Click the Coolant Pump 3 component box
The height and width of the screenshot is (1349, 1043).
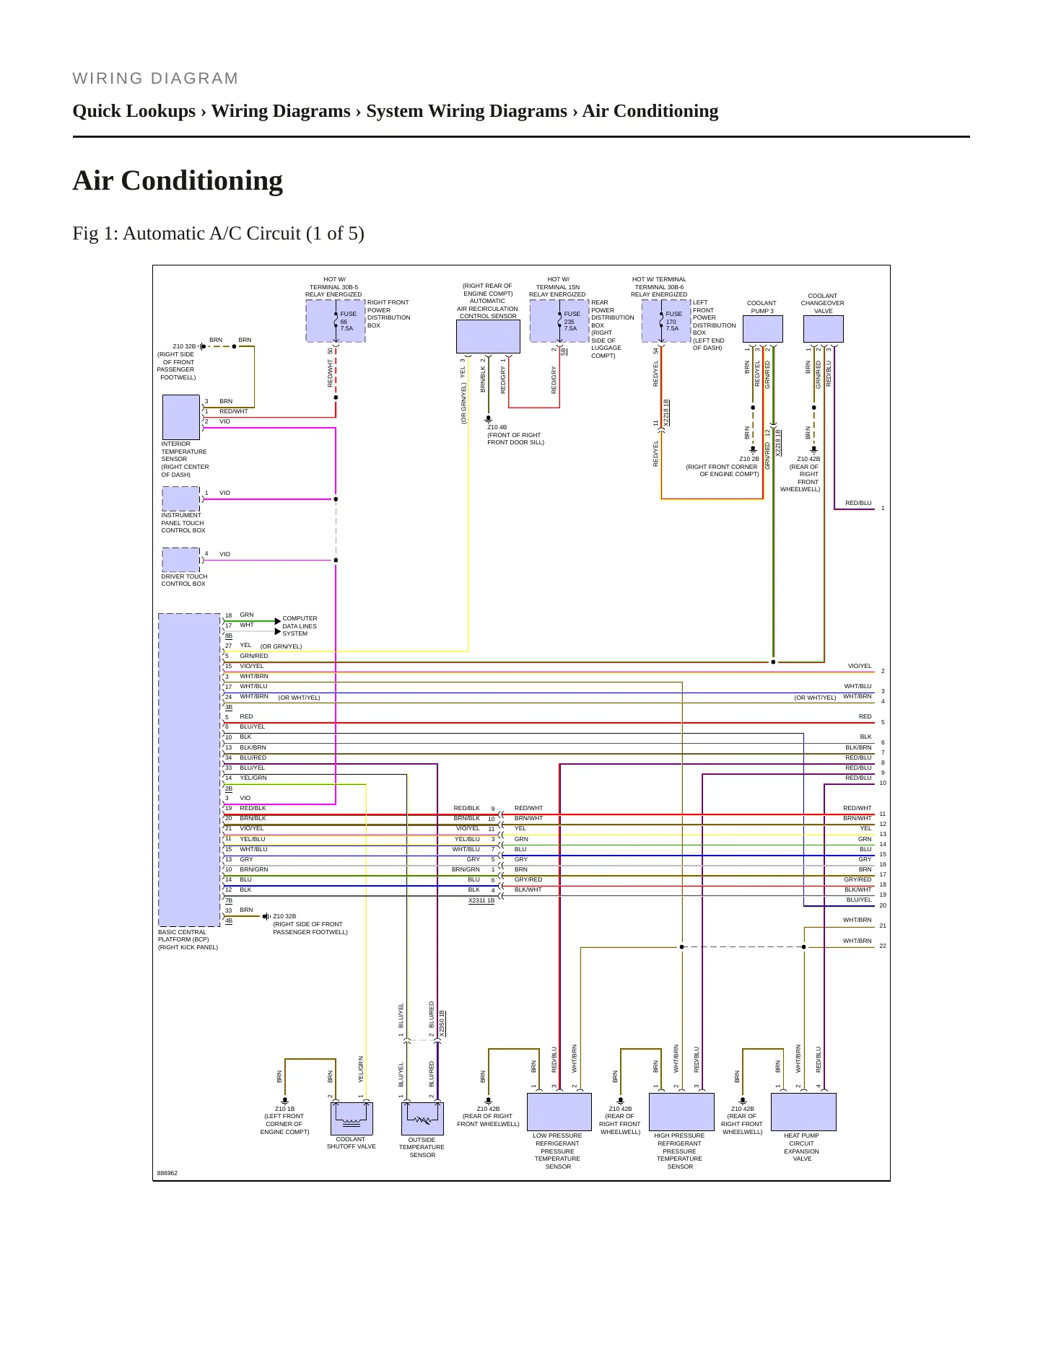pos(763,329)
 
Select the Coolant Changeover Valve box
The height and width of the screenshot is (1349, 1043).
pos(824,329)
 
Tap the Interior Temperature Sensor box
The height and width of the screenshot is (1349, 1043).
pos(181,417)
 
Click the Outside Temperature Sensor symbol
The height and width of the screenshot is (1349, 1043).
pos(422,1118)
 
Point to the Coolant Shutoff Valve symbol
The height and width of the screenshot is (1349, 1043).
pos(352,1118)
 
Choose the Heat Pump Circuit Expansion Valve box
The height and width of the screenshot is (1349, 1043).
pos(803,1112)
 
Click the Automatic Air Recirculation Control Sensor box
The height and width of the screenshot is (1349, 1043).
pos(488,336)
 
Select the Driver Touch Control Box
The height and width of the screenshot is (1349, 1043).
pos(180,560)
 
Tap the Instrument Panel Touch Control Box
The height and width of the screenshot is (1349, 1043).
pos(180,498)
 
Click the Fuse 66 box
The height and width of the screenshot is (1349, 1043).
pos(336,321)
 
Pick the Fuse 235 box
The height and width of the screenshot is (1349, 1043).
pos(559,321)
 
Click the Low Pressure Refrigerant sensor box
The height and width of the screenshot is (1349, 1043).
pos(559,1112)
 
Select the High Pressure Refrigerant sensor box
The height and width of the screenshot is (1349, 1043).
pos(681,1112)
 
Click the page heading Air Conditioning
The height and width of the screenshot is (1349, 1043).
pos(178,180)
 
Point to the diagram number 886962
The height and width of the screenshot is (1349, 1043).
pos(167,1173)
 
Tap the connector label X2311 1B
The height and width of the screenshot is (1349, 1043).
pos(481,900)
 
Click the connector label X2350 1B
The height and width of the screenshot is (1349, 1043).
pos(442,1024)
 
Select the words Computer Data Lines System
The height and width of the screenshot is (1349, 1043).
pos(300,626)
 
